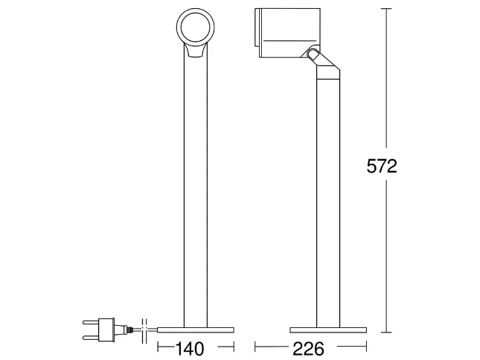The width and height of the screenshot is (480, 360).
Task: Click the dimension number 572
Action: (382, 167)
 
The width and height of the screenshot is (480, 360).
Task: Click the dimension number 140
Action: (190, 349)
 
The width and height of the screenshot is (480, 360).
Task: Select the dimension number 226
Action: (308, 349)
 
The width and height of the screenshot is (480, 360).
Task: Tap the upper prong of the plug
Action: (92, 322)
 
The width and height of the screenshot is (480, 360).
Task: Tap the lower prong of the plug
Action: (92, 338)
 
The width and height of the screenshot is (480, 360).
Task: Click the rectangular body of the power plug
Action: (107, 330)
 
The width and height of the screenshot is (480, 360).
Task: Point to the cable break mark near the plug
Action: (144, 331)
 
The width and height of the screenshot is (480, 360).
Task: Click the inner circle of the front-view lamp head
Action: (195, 28)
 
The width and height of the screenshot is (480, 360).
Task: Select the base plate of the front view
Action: (196, 330)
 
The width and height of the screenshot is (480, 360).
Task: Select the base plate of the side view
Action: (328, 330)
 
